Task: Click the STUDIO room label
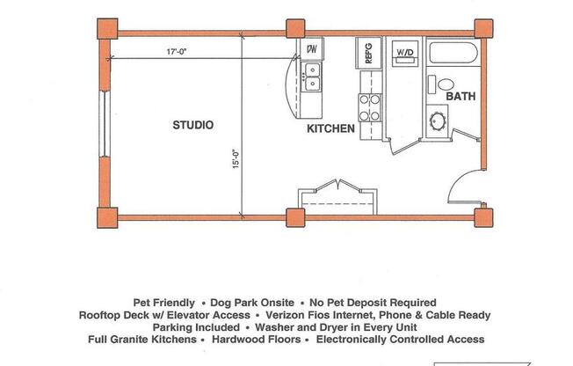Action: [x=192, y=125]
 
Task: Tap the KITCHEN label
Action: [x=330, y=129]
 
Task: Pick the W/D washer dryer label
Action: [x=405, y=54]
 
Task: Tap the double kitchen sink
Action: [x=312, y=77]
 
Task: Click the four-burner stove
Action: [x=369, y=106]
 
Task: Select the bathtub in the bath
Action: [x=453, y=55]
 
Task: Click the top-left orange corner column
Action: [x=105, y=29]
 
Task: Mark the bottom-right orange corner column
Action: [x=482, y=216]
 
